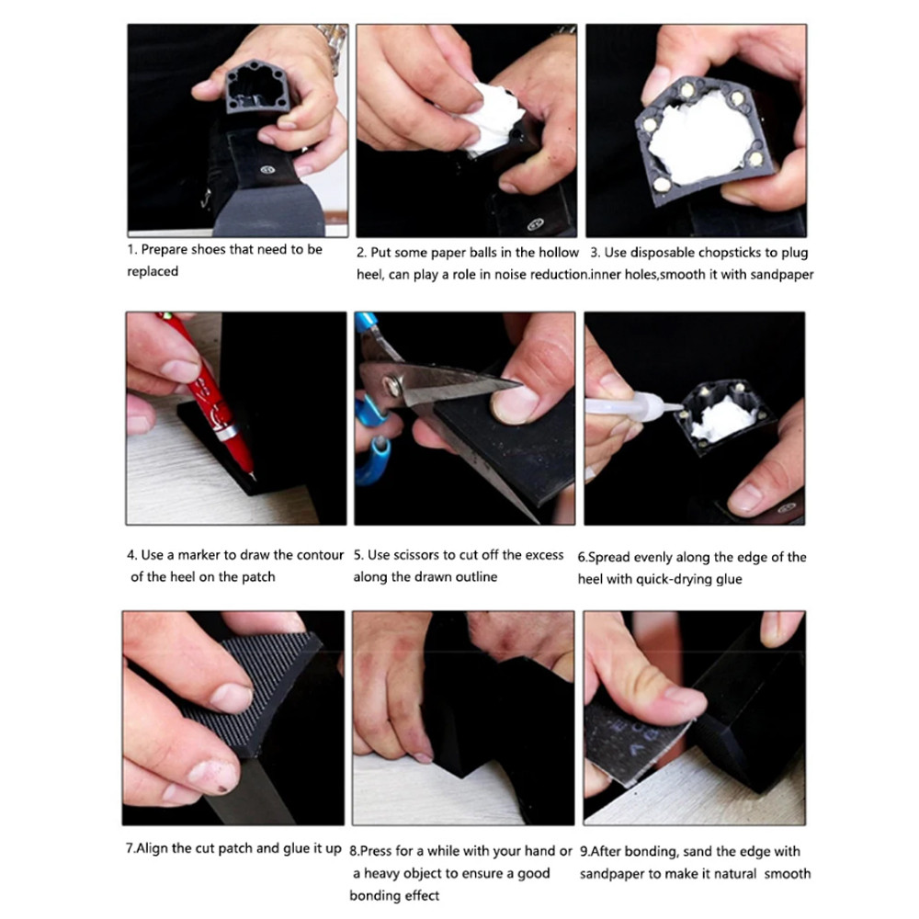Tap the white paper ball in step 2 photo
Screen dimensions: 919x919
(490, 119)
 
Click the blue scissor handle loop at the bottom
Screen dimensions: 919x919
(374, 460)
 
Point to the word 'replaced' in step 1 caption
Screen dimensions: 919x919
(153, 271)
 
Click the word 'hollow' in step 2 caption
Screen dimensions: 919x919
(559, 253)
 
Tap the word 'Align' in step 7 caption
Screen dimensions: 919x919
(152, 848)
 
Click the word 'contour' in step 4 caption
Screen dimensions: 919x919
(321, 555)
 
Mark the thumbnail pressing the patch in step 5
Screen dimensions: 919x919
(515, 405)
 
